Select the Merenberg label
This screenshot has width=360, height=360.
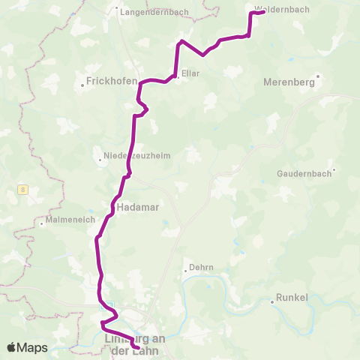tap(290, 82)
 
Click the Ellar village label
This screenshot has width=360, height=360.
tap(190, 73)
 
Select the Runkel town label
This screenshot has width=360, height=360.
tap(292, 298)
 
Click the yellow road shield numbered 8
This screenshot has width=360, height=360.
tap(22, 191)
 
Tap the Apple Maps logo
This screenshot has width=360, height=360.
tap(27, 347)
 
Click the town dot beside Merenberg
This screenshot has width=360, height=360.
tap(318, 76)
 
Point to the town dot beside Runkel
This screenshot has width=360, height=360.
tap(272, 302)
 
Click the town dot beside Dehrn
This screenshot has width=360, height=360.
tap(186, 270)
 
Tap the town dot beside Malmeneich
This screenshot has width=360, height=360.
tap(41, 223)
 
